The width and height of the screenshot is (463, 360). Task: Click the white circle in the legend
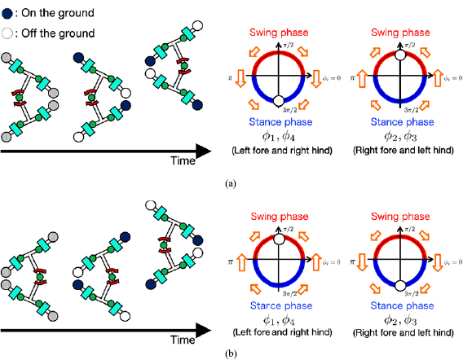(7, 32)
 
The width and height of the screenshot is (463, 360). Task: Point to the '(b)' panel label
(231, 353)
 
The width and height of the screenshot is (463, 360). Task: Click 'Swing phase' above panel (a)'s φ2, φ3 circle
(400, 32)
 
